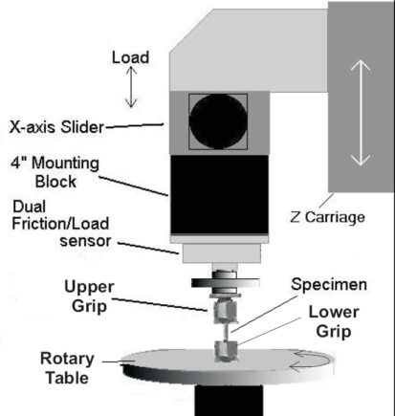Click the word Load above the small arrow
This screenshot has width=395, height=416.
coord(130,57)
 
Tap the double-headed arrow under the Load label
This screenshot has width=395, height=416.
coord(131,86)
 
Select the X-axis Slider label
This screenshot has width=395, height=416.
coord(56,127)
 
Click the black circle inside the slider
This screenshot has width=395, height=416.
coord(218,121)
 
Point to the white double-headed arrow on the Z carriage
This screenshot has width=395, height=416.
coord(361,113)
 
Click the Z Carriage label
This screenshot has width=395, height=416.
coord(327,217)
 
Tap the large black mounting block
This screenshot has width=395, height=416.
coord(219,194)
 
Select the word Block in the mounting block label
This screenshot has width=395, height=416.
coord(55,182)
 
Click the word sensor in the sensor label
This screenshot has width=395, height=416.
coord(85,241)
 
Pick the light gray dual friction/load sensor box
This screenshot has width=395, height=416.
coord(221,253)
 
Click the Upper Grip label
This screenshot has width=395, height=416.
coord(89,296)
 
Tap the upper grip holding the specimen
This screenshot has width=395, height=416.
coord(225,311)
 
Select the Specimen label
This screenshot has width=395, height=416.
coord(329,285)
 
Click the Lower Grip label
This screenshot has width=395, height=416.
coord(334,321)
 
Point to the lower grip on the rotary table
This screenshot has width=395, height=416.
coord(226,351)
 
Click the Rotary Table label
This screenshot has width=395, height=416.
coord(67,368)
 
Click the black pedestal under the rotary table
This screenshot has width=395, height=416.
coord(229,400)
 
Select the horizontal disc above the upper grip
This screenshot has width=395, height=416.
coord(225,282)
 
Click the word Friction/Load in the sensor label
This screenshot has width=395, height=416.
coord(60,224)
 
